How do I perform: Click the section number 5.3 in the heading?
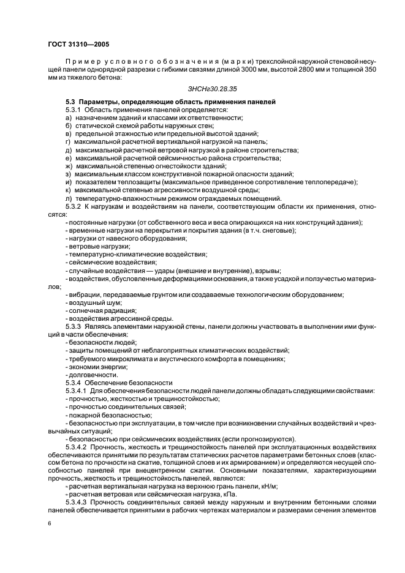71,100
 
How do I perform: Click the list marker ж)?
69,166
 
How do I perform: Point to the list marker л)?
69,198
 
